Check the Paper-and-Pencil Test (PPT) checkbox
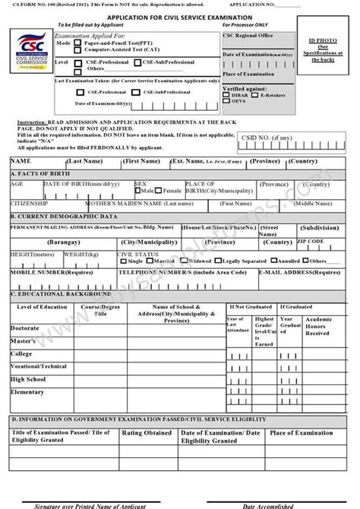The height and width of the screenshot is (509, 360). [78, 44]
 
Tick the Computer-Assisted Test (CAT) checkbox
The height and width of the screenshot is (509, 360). [78, 51]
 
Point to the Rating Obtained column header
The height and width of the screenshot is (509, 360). [147, 433]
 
